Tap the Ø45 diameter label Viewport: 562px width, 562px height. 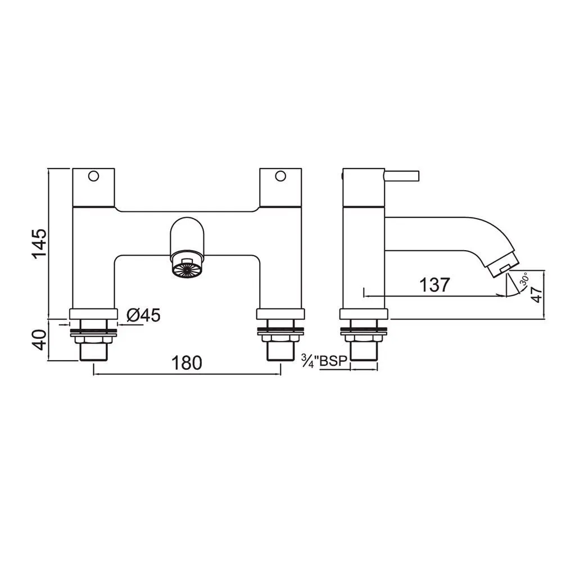[143, 315]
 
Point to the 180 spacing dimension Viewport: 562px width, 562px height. [186, 363]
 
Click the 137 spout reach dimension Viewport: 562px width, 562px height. [434, 285]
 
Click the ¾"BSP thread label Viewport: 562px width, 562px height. [325, 361]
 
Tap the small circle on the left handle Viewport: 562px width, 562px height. [93, 176]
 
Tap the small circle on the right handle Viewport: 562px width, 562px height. [279, 176]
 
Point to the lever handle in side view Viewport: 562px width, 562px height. [402, 176]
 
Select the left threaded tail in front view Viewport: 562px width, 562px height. [93, 351]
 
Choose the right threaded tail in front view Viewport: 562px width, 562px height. [280, 351]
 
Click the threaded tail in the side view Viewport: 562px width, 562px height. [363, 351]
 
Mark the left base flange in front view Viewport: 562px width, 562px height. [93, 314]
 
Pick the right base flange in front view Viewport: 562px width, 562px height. [280, 314]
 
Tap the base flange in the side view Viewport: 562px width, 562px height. [363, 314]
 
